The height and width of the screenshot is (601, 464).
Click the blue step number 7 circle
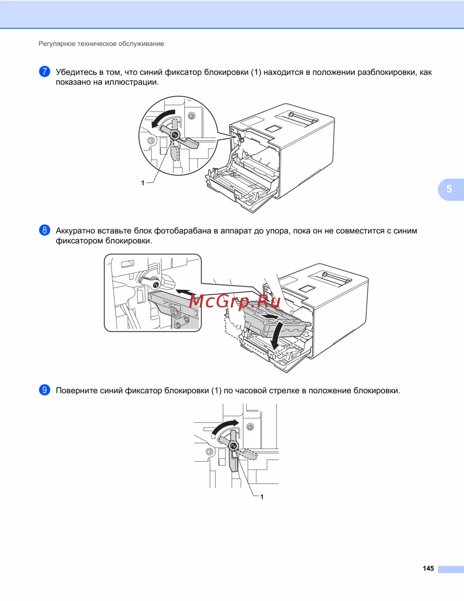pos(45,72)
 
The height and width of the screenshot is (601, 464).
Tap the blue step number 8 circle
pos(45,230)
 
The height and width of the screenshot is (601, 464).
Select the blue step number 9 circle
pos(45,390)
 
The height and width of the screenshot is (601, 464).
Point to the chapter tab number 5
pos(449,189)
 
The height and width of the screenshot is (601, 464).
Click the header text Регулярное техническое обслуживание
pos(101,44)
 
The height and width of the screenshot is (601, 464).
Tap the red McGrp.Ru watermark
pos(235,301)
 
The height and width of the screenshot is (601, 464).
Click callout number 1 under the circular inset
pos(143,183)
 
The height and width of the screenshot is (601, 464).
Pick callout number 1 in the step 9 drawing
pos(262,497)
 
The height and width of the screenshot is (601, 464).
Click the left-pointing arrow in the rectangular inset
pos(186,292)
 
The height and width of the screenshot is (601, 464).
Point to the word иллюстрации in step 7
pos(132,82)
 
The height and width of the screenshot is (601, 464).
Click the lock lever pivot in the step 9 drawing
pos(234,445)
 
